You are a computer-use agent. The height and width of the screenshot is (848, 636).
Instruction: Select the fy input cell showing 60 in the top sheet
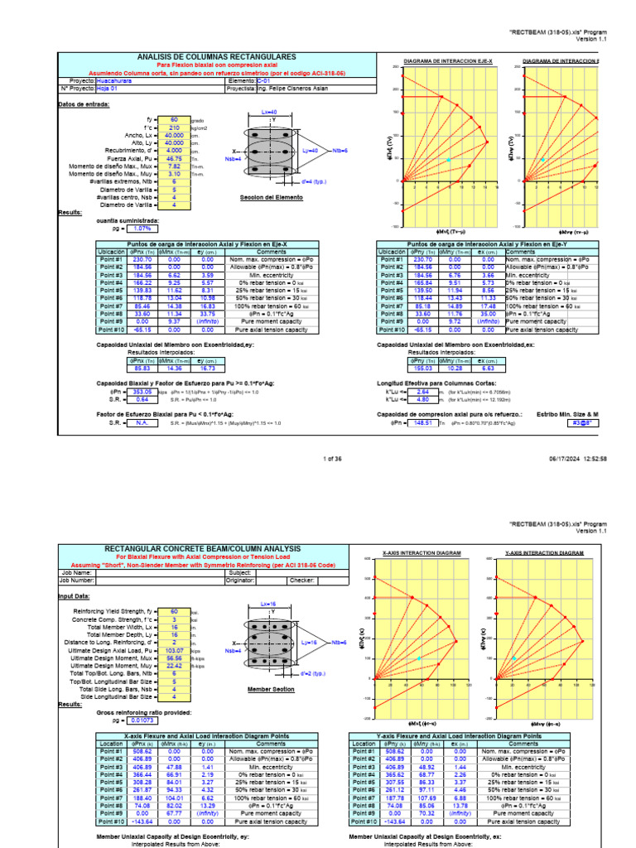click(x=175, y=119)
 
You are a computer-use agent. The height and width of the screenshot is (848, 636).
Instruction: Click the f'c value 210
click(x=175, y=128)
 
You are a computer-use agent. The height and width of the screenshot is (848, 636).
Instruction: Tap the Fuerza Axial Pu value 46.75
click(x=175, y=157)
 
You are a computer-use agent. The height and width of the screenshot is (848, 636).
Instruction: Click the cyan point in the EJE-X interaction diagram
click(x=449, y=159)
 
